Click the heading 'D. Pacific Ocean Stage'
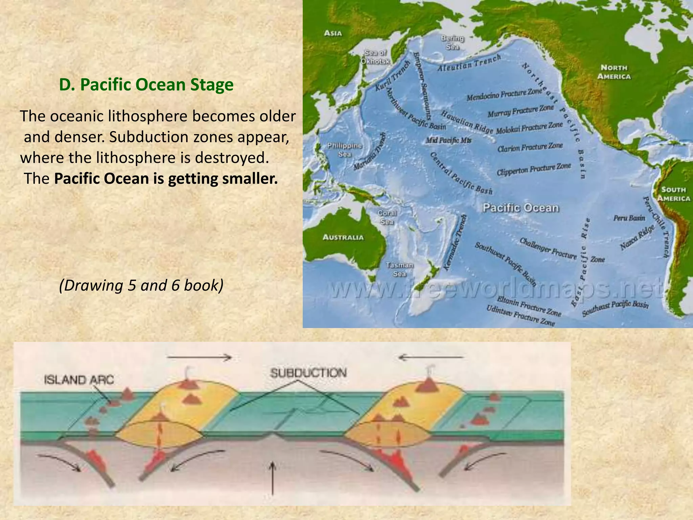tap(146, 85)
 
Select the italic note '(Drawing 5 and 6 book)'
tap(141, 285)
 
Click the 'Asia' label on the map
tap(333, 33)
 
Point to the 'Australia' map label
tap(343, 237)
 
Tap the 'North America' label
tap(614, 72)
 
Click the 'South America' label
tap(673, 194)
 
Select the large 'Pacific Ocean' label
tap(520, 208)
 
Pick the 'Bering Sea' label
tap(452, 43)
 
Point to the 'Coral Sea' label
tap(387, 217)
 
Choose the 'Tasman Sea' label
tap(400, 269)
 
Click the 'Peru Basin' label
tap(629, 218)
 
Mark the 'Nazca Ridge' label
tap(638, 238)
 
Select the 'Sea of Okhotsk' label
tap(375, 57)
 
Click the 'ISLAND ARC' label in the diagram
tap(79, 380)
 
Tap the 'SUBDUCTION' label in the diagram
tap(308, 373)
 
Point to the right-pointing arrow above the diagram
tap(200, 357)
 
